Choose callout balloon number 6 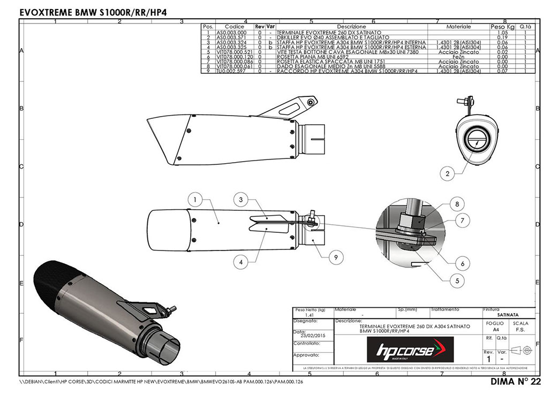(x=462, y=263)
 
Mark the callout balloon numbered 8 (x=456, y=204)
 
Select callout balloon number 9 (x=335, y=258)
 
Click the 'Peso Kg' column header (x=502, y=26)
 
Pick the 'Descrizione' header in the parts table (x=351, y=26)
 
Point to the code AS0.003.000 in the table (x=231, y=32)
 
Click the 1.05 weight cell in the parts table (x=502, y=32)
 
